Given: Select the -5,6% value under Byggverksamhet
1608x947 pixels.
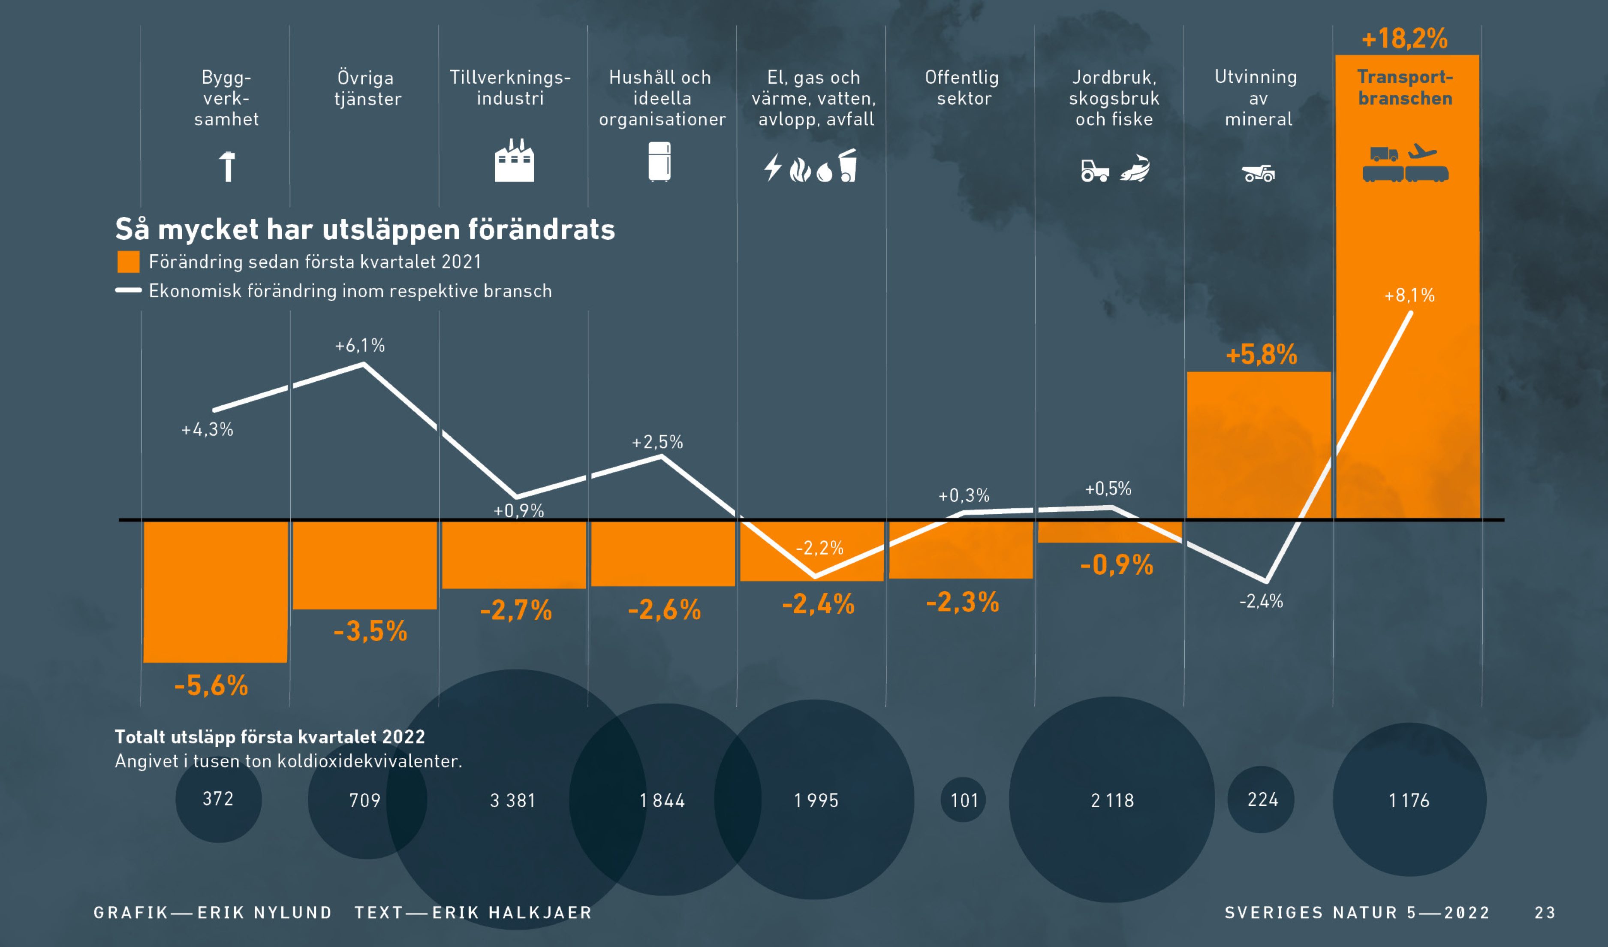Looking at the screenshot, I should [211, 686].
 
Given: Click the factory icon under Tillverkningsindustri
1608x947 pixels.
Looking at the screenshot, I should [514, 161].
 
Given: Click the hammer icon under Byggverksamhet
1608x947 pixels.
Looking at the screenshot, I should [227, 166].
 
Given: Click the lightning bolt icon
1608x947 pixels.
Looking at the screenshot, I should [773, 167].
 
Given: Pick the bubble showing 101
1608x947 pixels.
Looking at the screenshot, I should [963, 799].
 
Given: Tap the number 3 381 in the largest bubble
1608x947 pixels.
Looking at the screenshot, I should [512, 800].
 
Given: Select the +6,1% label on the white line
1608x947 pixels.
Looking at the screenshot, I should [360, 346].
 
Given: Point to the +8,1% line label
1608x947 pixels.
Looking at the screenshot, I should [1409, 296].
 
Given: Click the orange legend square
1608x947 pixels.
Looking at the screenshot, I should [128, 262].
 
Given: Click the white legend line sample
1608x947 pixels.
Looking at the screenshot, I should [128, 290].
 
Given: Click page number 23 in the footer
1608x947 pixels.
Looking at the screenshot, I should [1545, 913].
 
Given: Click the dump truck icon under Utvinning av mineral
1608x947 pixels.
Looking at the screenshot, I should [1259, 173].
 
